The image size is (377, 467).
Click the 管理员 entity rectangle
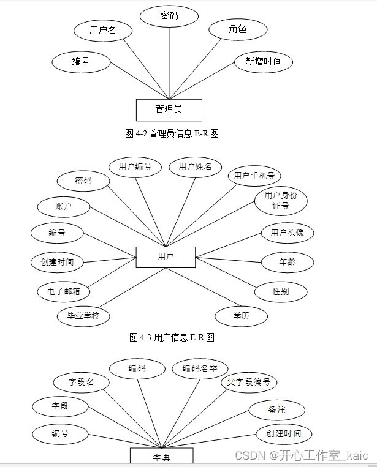(x=169, y=110)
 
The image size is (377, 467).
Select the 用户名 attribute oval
(x=102, y=30)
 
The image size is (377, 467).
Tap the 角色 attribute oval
(x=238, y=29)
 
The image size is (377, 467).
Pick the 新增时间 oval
(x=264, y=61)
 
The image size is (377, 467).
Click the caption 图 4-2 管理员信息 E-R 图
(x=172, y=133)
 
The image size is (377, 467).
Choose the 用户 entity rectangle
(x=166, y=257)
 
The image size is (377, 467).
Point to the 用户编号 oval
(x=135, y=166)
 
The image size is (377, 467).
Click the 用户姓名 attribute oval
(x=195, y=166)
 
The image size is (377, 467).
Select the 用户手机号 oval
(x=254, y=176)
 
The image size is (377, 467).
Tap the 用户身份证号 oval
(x=281, y=200)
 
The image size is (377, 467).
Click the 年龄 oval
(x=288, y=262)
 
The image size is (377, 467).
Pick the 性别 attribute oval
(x=281, y=291)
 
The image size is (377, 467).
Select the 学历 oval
(x=242, y=316)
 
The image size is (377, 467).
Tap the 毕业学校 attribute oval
(x=83, y=316)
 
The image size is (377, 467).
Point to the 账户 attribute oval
(x=63, y=207)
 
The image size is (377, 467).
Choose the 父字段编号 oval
(x=249, y=383)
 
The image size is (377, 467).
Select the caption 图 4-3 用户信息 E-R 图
(x=172, y=337)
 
